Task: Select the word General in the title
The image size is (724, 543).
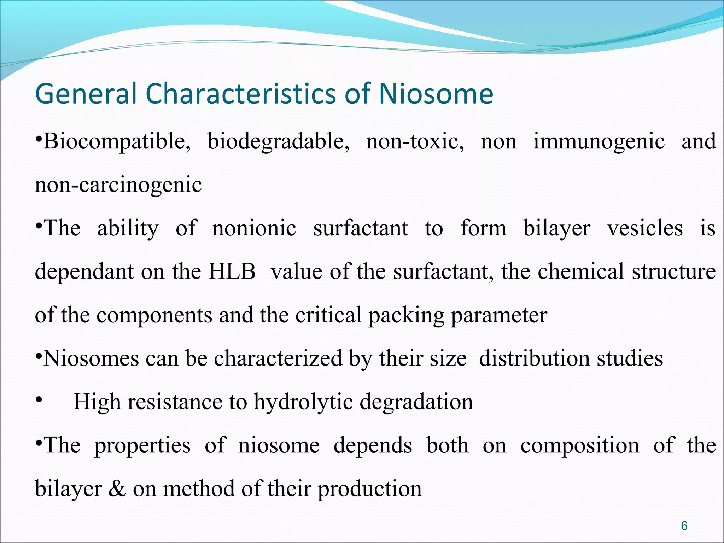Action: (x=86, y=94)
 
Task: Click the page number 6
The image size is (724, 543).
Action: (x=684, y=526)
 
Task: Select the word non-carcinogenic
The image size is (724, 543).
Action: (x=118, y=185)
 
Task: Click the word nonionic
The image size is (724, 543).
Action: (x=254, y=228)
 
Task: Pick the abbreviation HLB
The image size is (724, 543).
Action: (x=232, y=271)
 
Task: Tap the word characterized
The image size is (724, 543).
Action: (x=278, y=358)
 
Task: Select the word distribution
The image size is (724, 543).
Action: (x=535, y=358)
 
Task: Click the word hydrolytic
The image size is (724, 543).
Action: (x=303, y=402)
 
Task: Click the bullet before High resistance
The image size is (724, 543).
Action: (x=39, y=401)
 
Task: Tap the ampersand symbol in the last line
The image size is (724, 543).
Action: (x=117, y=489)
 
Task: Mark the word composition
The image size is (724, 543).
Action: (x=580, y=445)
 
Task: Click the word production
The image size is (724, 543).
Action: (x=369, y=489)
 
